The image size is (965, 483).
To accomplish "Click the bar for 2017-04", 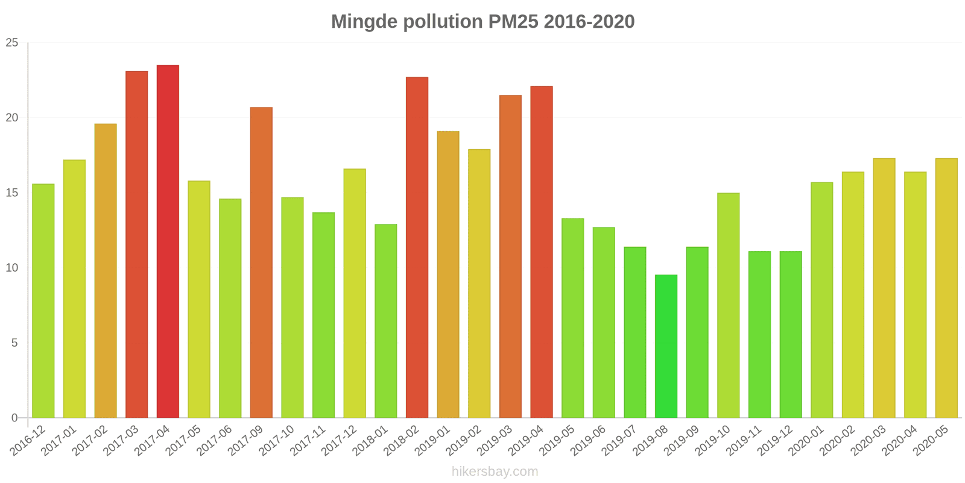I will [x=168, y=241].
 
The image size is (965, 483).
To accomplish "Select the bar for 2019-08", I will [x=666, y=347].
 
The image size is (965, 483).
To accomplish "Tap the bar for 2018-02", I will [x=417, y=248].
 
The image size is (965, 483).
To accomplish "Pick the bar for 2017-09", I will [x=261, y=263].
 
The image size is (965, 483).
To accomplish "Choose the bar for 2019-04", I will [x=542, y=252].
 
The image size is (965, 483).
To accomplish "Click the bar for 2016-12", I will [x=43, y=301].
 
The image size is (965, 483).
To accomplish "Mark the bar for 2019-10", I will [x=728, y=305].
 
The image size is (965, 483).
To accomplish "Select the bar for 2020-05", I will [x=946, y=288].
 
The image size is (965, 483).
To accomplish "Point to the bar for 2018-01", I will [x=386, y=321].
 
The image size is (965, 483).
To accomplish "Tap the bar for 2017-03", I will [x=137, y=245].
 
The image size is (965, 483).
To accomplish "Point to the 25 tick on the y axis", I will [x=12, y=43].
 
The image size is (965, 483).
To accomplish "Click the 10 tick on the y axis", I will [x=12, y=268].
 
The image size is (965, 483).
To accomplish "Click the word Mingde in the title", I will [x=364, y=22].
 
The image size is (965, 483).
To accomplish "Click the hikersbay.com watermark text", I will [x=495, y=472].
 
